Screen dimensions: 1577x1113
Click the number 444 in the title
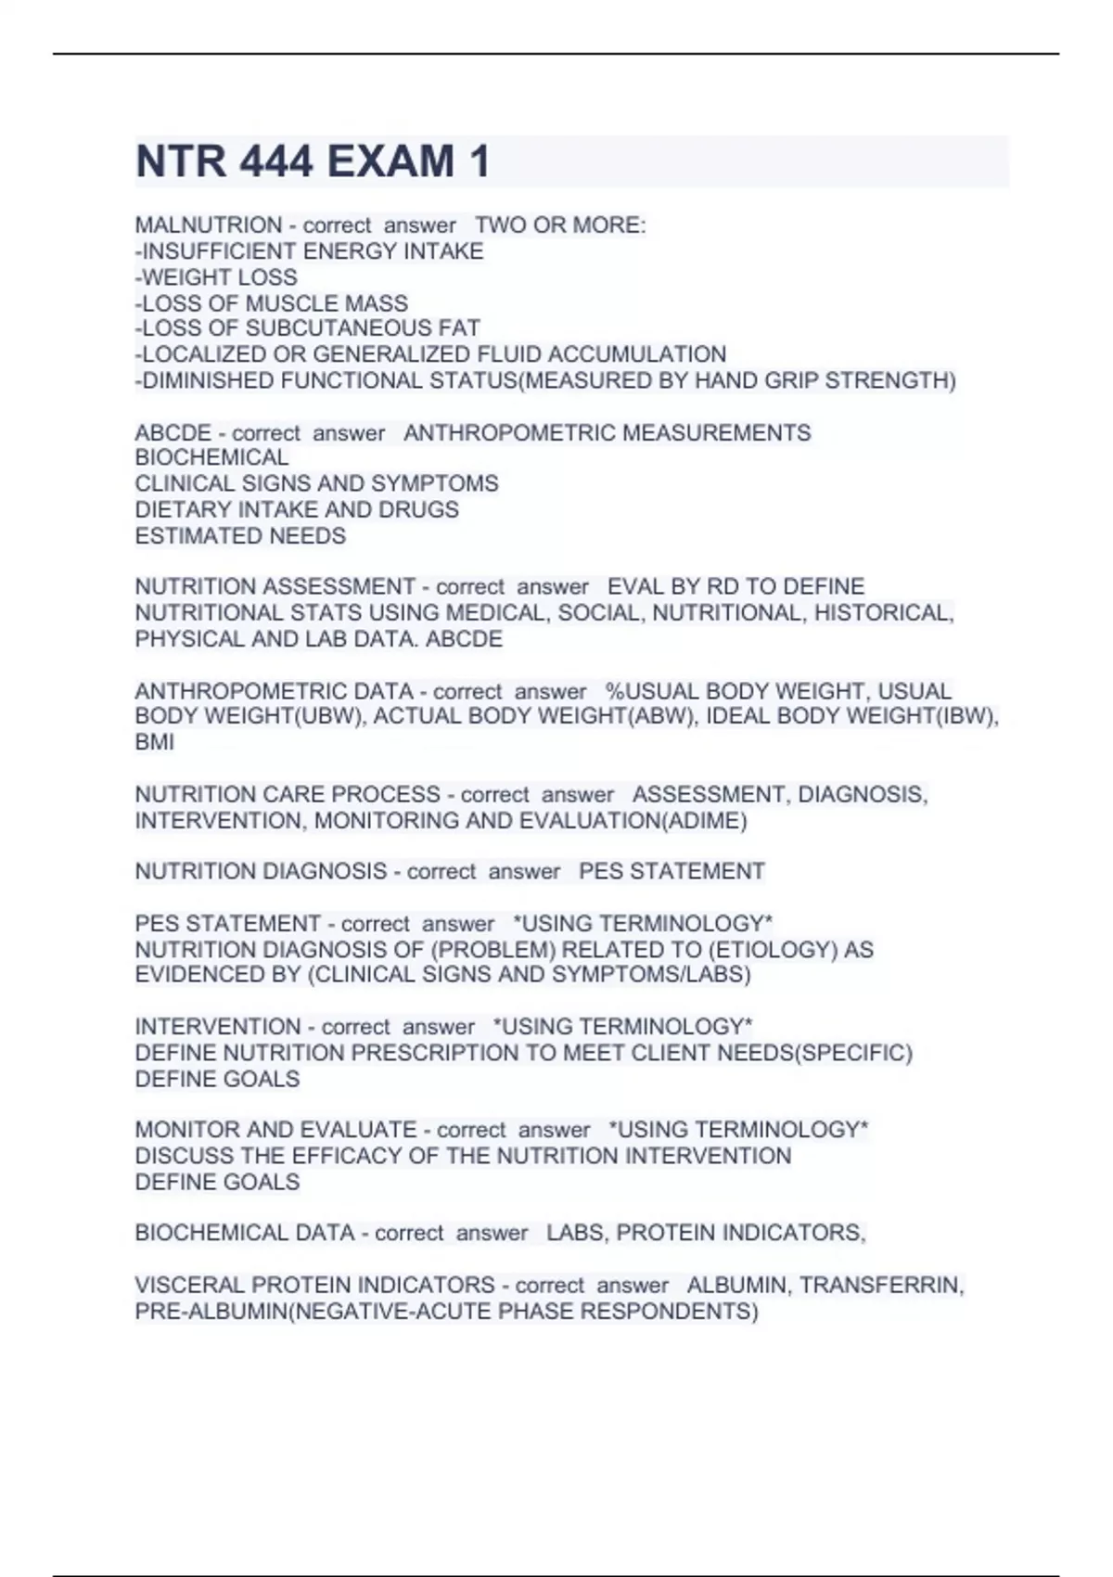point(275,161)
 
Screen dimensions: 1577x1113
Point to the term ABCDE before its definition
point(173,432)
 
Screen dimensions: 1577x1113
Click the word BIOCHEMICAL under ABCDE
point(211,457)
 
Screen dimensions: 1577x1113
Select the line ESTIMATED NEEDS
point(240,535)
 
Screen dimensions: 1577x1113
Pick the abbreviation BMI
point(154,742)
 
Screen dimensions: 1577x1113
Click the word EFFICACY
point(356,1156)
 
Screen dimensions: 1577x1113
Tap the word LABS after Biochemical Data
point(573,1233)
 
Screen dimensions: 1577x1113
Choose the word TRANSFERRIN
point(881,1285)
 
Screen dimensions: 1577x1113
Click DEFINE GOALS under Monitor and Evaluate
point(217,1182)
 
